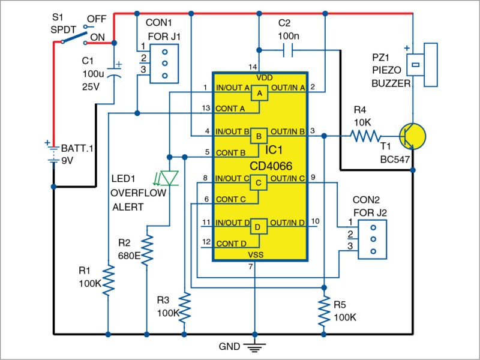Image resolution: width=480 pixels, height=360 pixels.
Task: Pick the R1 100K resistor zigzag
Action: tap(108, 280)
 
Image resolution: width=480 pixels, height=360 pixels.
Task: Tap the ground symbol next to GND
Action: tap(255, 347)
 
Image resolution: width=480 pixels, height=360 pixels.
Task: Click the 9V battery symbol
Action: tap(53, 150)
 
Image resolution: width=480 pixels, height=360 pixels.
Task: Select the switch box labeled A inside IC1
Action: tap(259, 94)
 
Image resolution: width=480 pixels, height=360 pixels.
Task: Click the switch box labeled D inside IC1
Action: tap(259, 227)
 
